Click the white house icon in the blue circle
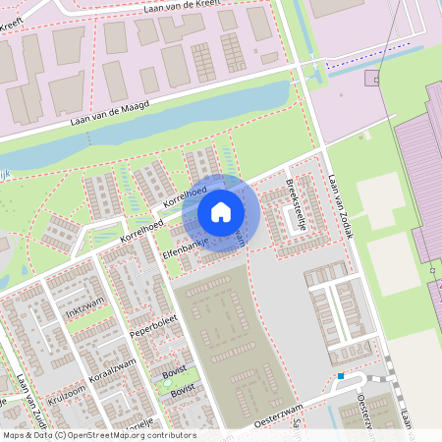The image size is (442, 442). coord(221,211)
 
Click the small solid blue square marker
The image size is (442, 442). coord(341,376)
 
